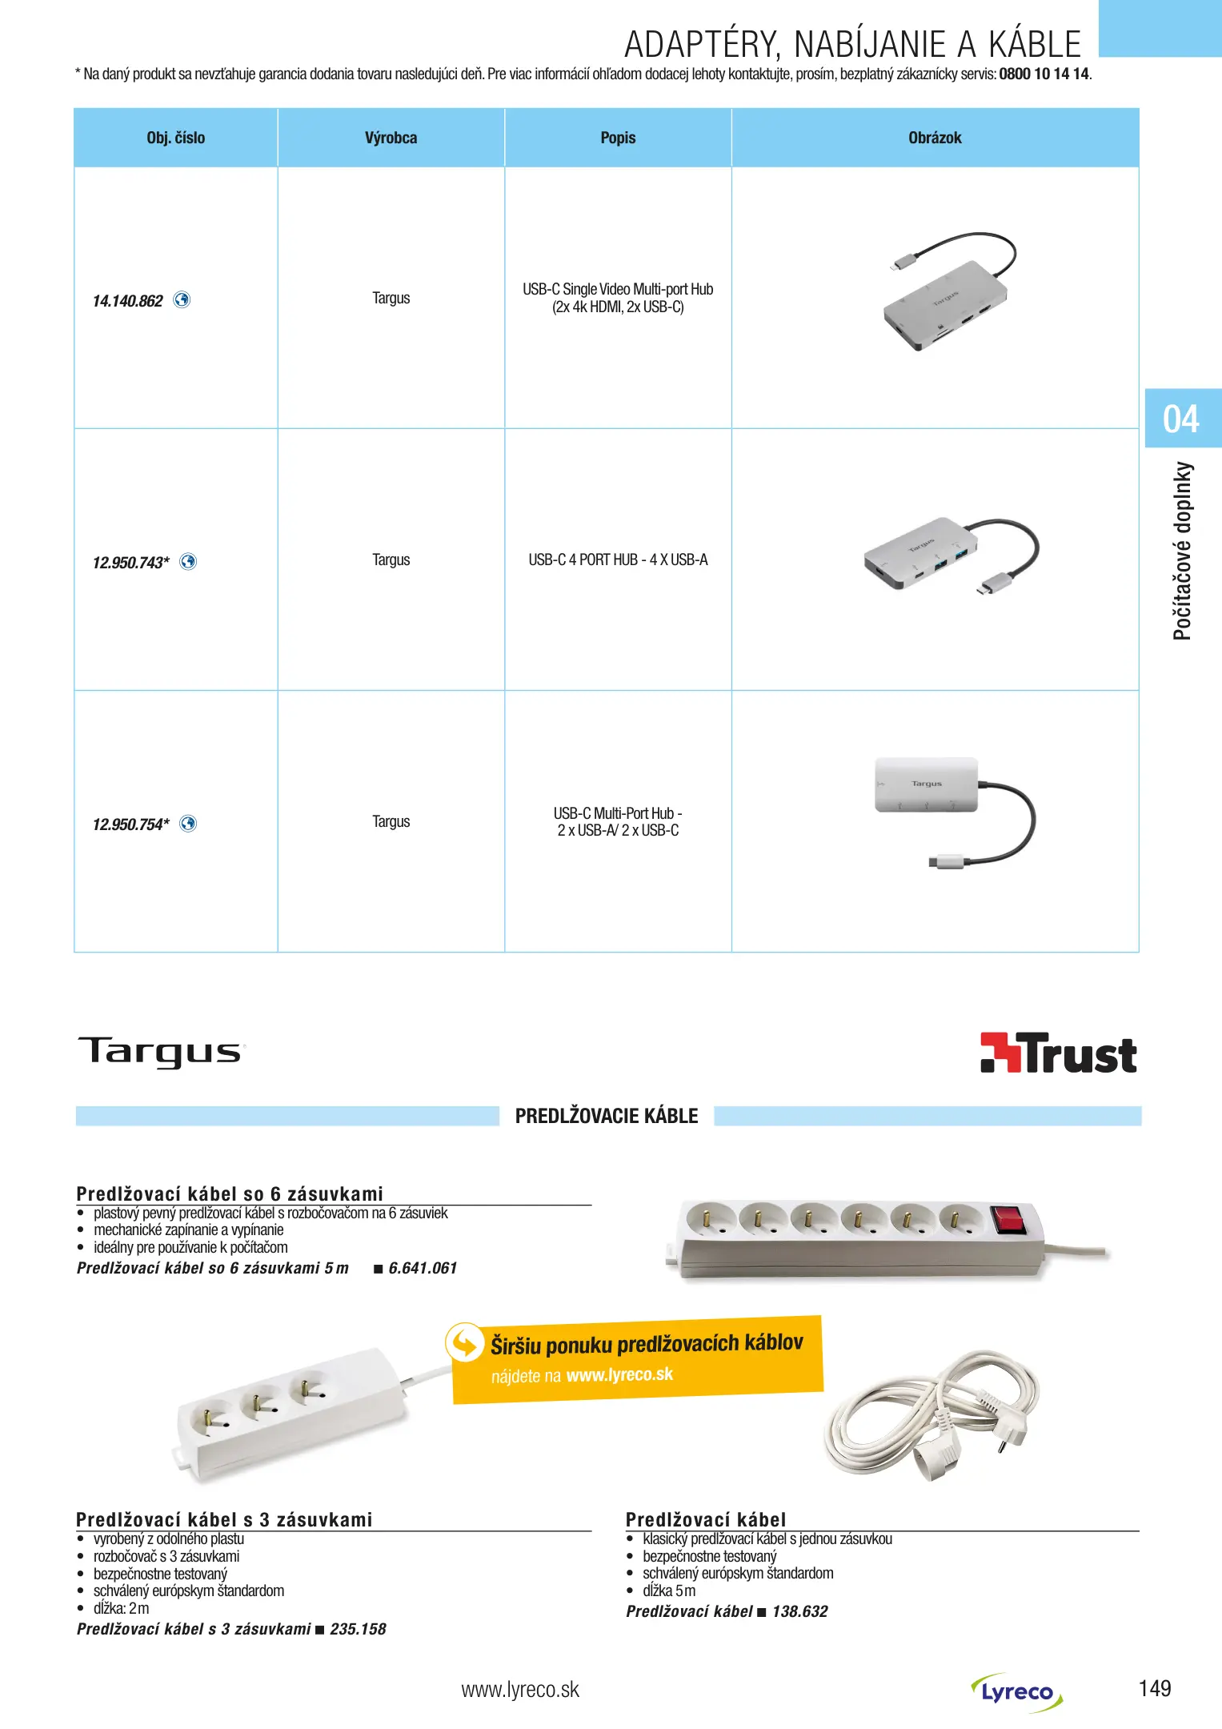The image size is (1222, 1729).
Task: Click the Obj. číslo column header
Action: tap(175, 138)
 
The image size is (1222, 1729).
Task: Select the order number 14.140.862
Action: tap(128, 301)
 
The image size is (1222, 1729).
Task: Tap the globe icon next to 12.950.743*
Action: tap(188, 561)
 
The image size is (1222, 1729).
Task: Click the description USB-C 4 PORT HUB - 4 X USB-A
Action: tap(618, 560)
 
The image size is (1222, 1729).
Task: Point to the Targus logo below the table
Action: tap(161, 1052)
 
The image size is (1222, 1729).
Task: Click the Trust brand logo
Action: tap(1058, 1053)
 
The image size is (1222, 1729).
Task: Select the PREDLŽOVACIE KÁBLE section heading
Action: tap(606, 1116)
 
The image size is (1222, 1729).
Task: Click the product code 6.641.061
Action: tap(423, 1268)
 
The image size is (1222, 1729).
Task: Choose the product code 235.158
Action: tap(358, 1629)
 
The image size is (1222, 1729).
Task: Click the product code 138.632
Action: tap(799, 1611)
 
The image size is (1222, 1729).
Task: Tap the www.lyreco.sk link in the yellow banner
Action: tap(619, 1374)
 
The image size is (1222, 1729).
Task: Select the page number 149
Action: tap(1154, 1689)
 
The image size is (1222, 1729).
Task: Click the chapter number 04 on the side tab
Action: tap(1180, 419)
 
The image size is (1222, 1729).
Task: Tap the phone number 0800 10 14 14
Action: tap(1044, 74)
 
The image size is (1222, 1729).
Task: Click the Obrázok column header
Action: tap(935, 138)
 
